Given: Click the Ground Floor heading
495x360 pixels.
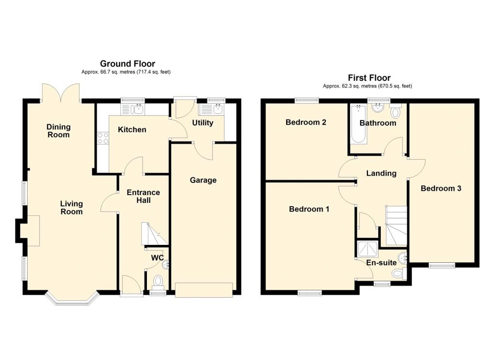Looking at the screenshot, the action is click(128, 64).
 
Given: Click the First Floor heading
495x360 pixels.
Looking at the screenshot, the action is click(369, 78).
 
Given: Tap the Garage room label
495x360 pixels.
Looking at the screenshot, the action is click(203, 180).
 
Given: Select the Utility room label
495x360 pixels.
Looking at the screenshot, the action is click(203, 122).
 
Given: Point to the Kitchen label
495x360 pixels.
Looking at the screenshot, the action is click(132, 130).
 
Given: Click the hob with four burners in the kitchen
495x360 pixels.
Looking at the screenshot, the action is click(102, 138).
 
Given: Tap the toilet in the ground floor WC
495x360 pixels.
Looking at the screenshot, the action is click(158, 281).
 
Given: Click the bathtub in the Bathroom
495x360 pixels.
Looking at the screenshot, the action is click(359, 124).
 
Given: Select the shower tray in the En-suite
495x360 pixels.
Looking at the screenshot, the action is click(367, 249).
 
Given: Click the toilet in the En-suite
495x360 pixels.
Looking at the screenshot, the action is click(399, 273).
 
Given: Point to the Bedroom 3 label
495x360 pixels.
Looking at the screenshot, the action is click(441, 188).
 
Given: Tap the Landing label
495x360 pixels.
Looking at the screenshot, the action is click(381, 173).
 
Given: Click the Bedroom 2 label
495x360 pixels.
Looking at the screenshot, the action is click(306, 122).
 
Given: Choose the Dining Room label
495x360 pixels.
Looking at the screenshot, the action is click(58, 131).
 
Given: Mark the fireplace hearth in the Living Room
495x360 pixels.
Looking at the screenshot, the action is click(33, 231).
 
